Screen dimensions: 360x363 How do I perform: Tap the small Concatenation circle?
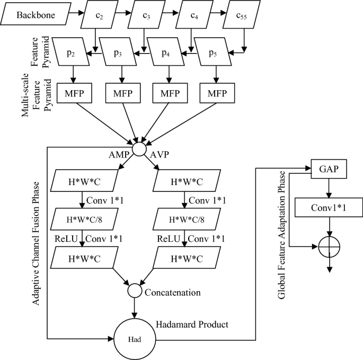point(135,291)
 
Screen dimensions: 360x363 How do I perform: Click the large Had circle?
point(135,337)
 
